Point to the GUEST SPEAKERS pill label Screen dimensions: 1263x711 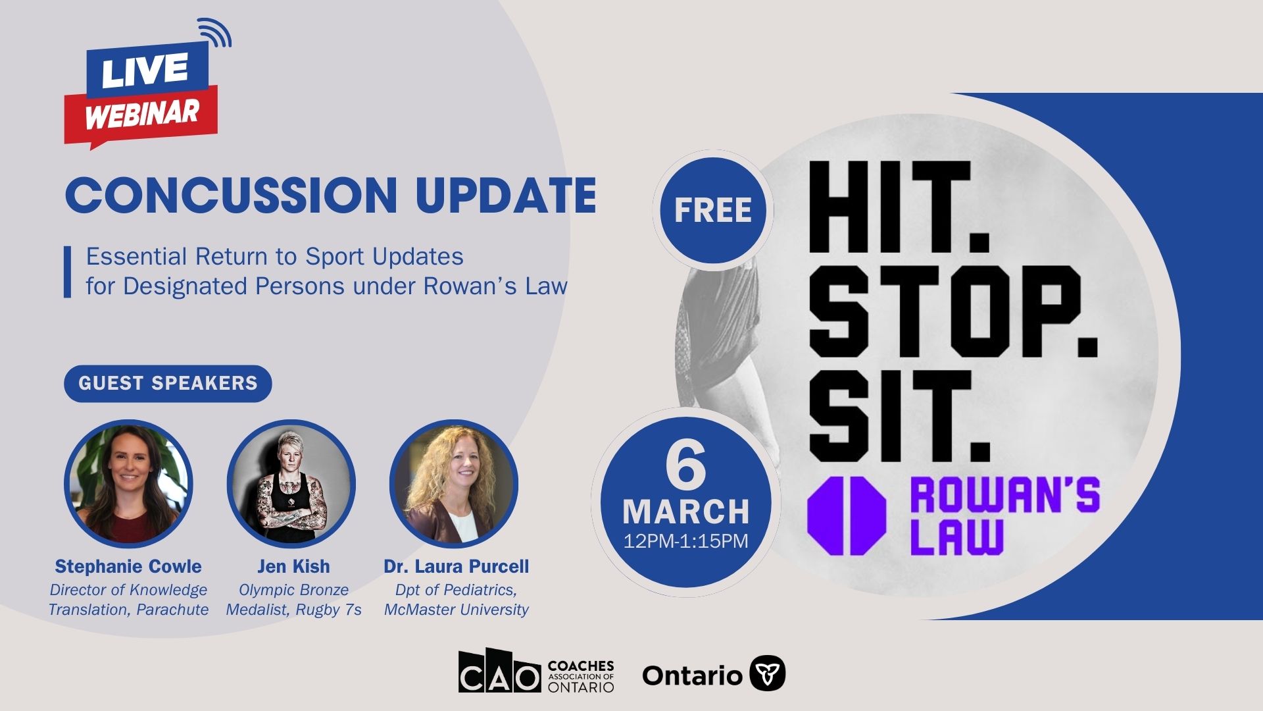point(168,383)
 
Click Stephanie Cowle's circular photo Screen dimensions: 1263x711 point(128,485)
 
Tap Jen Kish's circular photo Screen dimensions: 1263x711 point(291,485)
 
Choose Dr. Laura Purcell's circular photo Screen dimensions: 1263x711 point(454,485)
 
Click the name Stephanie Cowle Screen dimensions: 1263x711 point(128,566)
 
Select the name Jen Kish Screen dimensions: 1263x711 point(293,566)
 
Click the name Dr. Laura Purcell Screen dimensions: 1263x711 point(457,566)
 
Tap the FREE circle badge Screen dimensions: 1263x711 point(713,210)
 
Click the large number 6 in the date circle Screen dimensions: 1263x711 point(685,464)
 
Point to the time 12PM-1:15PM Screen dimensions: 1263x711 point(686,541)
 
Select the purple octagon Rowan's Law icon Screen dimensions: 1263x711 point(847,515)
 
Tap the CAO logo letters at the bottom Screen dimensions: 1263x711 point(499,671)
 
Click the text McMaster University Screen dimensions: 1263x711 point(457,610)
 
